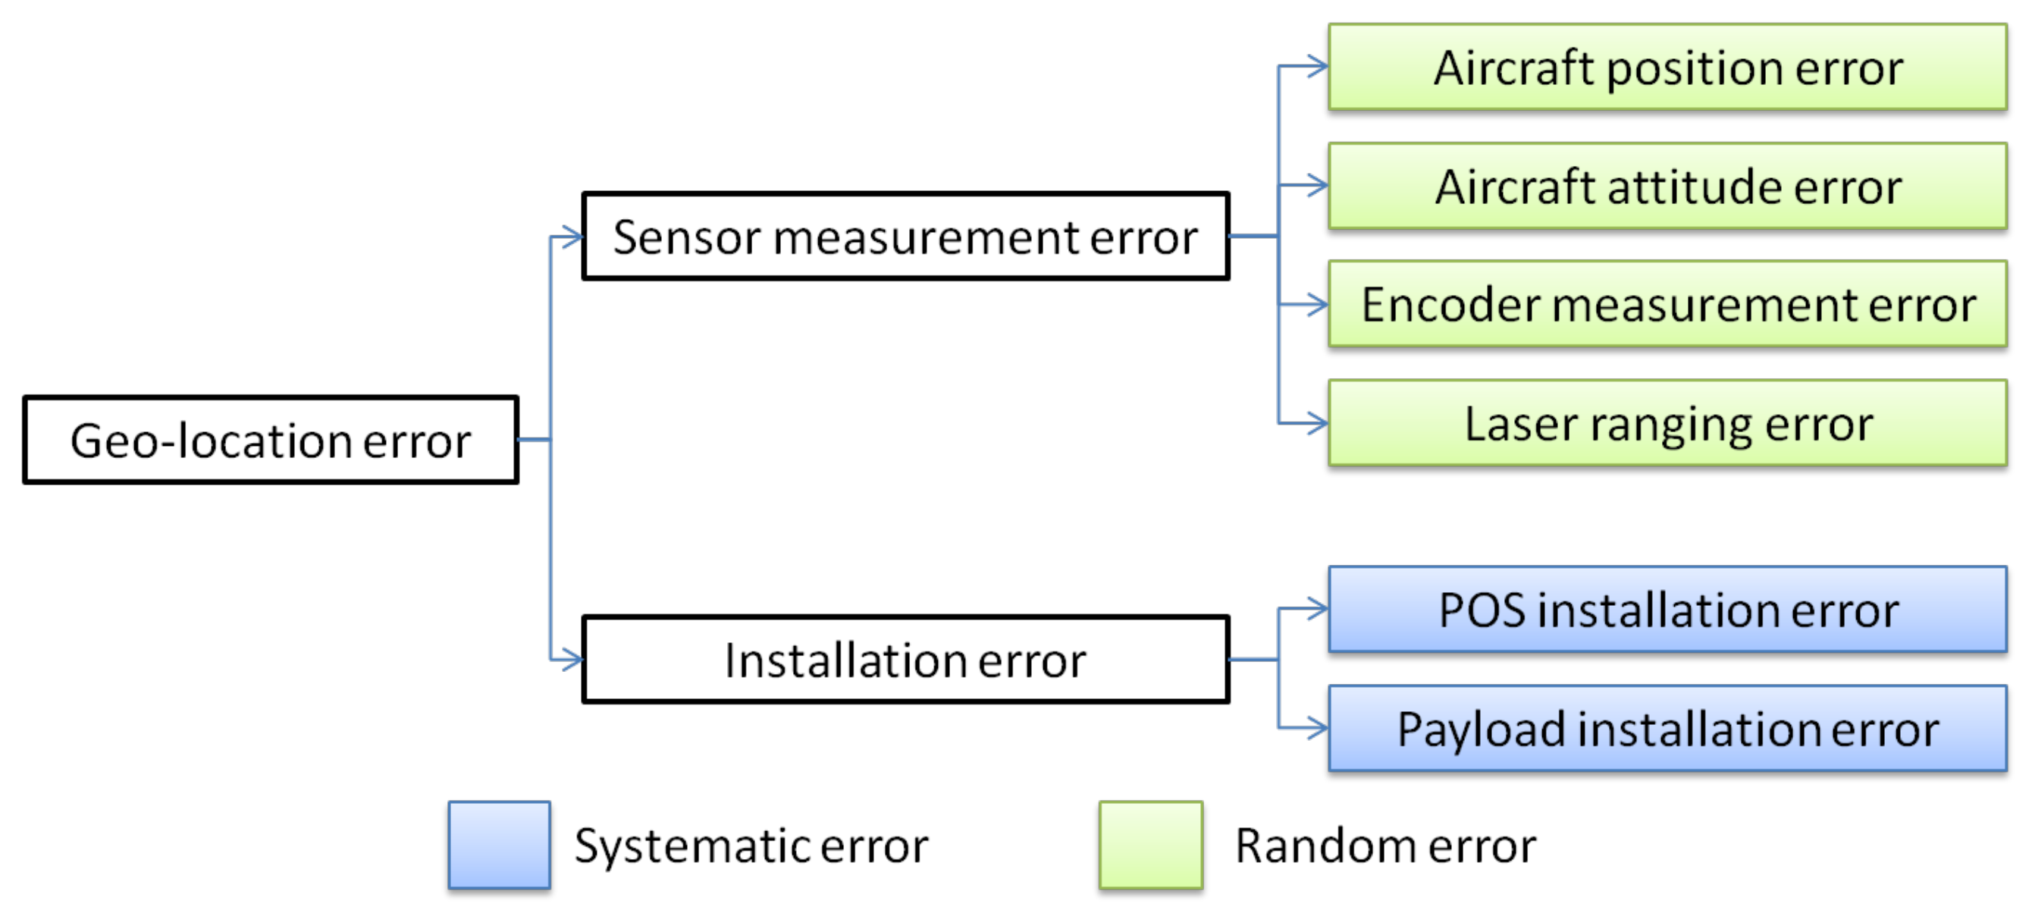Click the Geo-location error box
(x=271, y=441)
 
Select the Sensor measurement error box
(x=905, y=237)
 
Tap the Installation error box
(x=905, y=660)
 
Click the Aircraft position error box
(x=1667, y=67)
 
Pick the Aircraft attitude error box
(x=1667, y=187)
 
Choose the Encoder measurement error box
(x=1667, y=305)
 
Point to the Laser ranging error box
(x=1667, y=424)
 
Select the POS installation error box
(x=1667, y=610)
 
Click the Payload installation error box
(x=1667, y=728)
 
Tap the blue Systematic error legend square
(x=500, y=845)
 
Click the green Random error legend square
(x=1151, y=845)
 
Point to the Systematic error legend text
(x=751, y=845)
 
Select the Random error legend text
(x=1385, y=845)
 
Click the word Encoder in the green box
(x=1449, y=305)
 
